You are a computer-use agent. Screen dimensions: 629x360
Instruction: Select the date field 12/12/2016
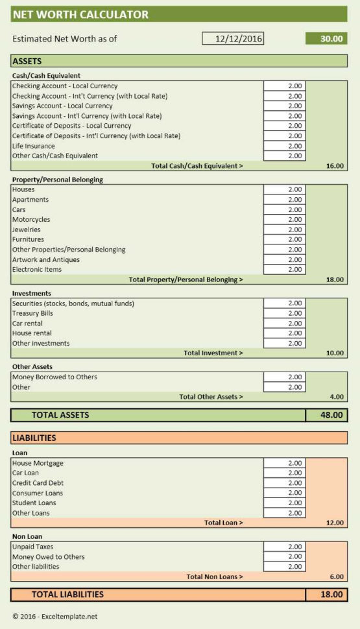point(233,39)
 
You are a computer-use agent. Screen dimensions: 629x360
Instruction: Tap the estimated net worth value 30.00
point(326,39)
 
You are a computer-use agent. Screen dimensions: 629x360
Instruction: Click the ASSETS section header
point(27,62)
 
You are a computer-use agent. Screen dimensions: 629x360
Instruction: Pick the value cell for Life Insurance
point(284,146)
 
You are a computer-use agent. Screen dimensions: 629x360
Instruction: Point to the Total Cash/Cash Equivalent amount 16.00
point(335,166)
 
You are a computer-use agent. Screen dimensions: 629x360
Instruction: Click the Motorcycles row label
point(31,220)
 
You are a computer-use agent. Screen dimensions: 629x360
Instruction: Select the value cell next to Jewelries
point(284,230)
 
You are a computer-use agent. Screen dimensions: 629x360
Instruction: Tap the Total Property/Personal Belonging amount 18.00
point(335,279)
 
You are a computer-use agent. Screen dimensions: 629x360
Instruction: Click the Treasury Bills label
point(32,313)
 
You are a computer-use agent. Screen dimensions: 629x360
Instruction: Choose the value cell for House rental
point(284,333)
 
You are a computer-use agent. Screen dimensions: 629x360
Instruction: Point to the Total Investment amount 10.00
point(335,353)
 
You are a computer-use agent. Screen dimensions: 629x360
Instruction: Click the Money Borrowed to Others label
point(54,377)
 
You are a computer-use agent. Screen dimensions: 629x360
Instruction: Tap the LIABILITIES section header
point(34,438)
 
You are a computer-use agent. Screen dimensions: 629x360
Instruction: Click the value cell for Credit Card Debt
point(284,483)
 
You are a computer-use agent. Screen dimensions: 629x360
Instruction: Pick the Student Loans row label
point(34,503)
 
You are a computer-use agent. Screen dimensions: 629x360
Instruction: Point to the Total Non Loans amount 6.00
point(336,576)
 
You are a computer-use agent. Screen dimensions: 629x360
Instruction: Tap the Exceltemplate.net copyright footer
point(54,617)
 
